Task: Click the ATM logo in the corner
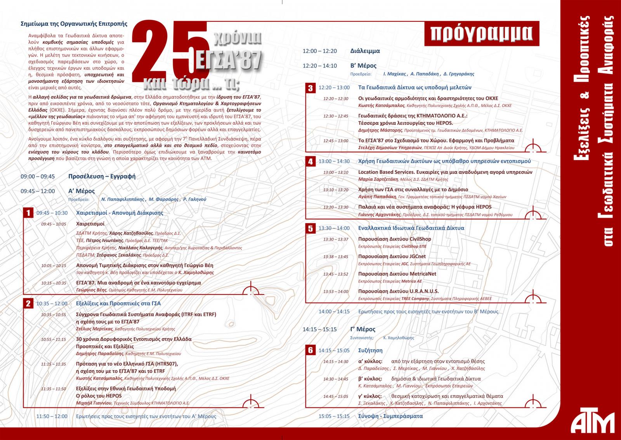tap(594, 419)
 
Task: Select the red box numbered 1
tap(28, 213)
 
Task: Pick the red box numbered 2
tap(28, 304)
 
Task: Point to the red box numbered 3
tap(310, 88)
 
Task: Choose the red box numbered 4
tap(310, 161)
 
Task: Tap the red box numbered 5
tap(310, 228)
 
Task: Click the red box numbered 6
tap(310, 351)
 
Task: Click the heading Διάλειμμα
tap(365, 51)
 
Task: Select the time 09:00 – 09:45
tap(38, 176)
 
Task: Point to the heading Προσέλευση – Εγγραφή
tap(102, 176)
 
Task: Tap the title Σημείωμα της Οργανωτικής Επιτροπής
tap(74, 23)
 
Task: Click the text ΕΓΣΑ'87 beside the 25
tap(227, 58)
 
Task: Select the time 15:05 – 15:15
tap(334, 416)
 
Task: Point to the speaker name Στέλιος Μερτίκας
tap(94, 329)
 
